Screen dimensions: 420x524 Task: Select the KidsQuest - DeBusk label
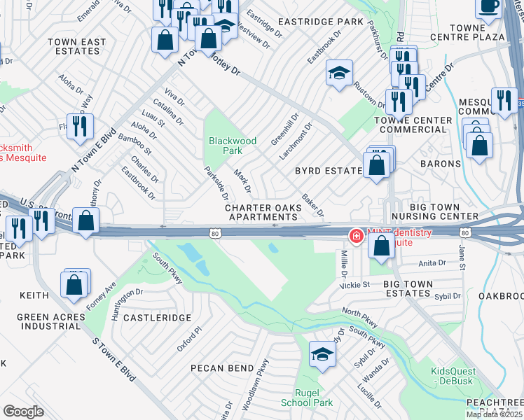[x=453, y=376]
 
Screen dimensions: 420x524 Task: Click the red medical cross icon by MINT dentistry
[x=356, y=237]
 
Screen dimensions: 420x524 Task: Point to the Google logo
[x=23, y=412]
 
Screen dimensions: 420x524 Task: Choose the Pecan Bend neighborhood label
[x=222, y=367]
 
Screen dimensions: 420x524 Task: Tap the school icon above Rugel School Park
[x=322, y=354]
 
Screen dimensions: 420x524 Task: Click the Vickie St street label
[x=355, y=285]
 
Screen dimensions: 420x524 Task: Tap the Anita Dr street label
[x=432, y=263]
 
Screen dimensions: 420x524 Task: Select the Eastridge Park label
[x=325, y=22]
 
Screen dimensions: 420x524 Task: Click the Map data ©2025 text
[x=494, y=414]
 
